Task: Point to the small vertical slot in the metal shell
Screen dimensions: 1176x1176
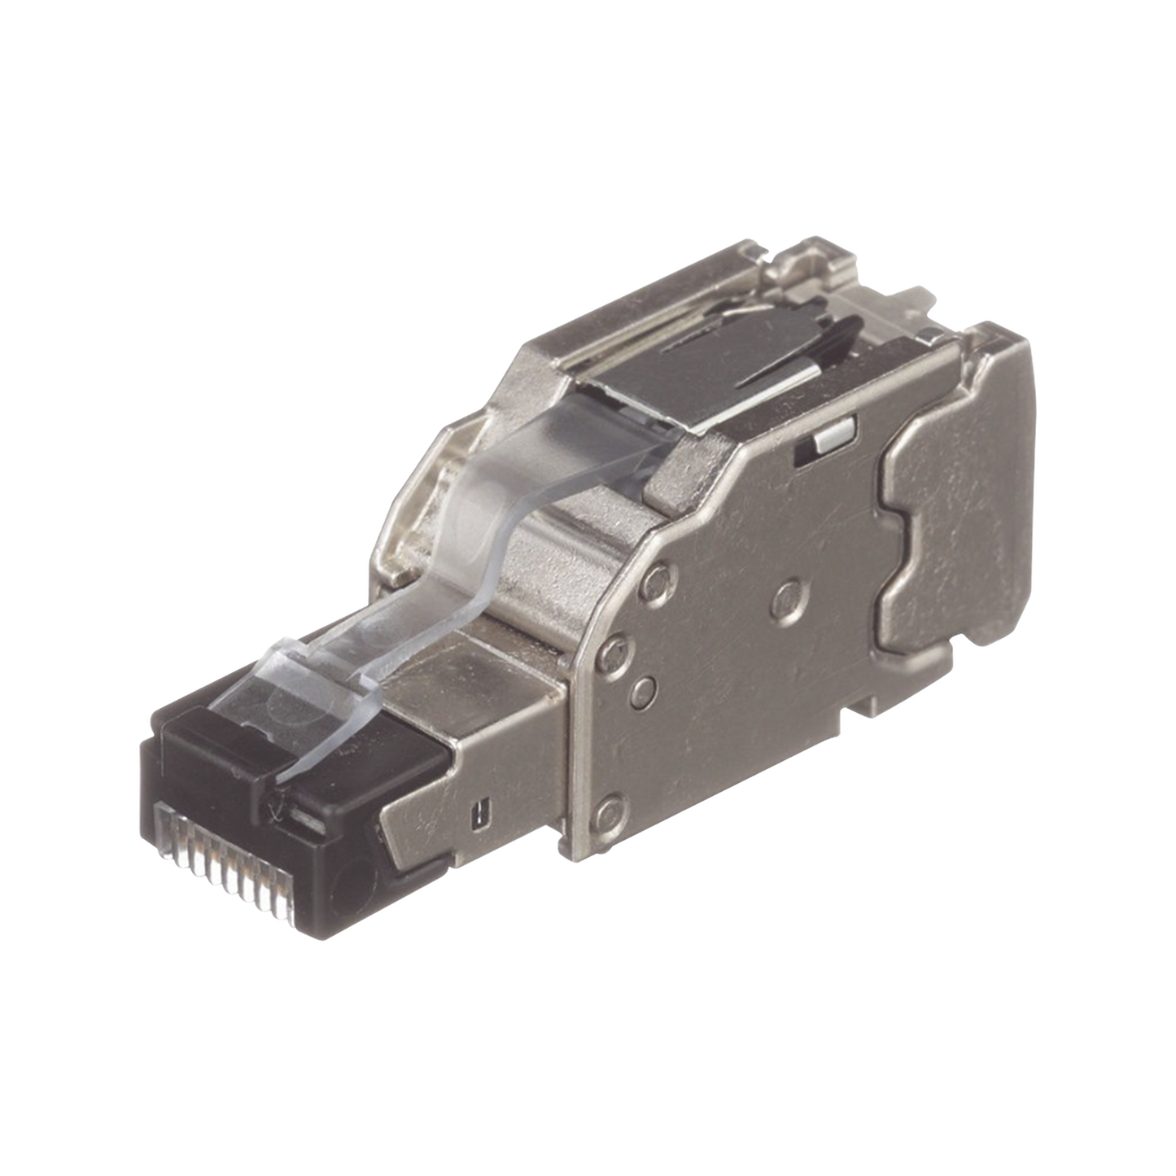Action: point(484,811)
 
